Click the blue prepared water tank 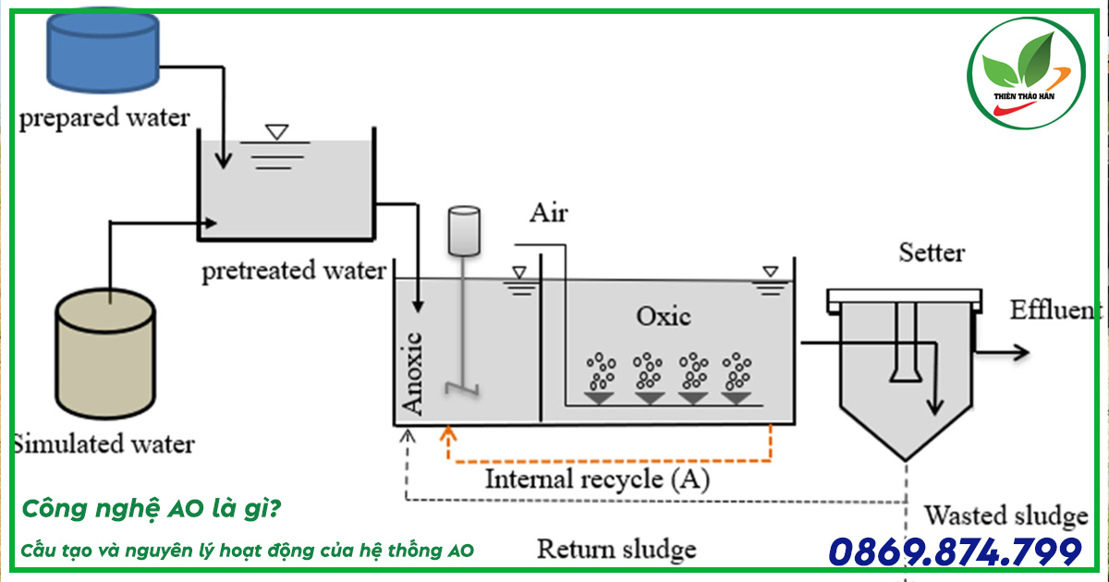103,50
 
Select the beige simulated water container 105,354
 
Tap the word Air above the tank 549,213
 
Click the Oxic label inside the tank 663,316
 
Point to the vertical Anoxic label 412,373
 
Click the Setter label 932,253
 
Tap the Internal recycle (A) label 598,479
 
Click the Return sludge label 617,550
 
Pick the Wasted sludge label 1006,515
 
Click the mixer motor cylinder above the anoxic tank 464,231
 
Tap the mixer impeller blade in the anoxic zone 462,389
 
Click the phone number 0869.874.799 955,552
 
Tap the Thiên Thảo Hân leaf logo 1027,73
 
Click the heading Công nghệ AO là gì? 152,509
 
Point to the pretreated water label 294,272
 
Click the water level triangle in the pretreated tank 276,131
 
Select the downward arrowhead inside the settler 934,406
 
